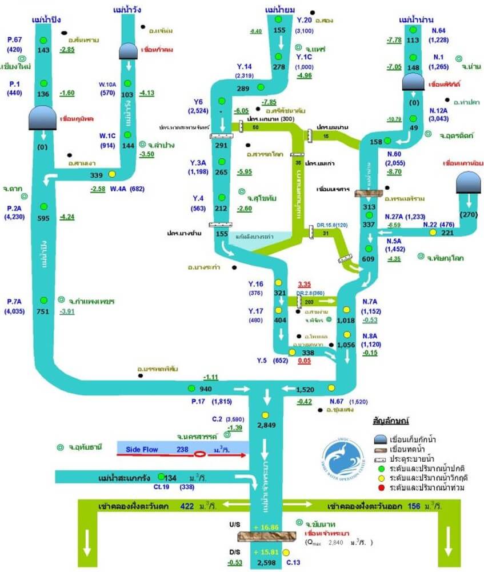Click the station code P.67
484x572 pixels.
coord(14,39)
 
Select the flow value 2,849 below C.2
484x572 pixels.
coord(266,425)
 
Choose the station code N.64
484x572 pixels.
coord(439,30)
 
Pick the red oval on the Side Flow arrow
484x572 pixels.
coord(200,455)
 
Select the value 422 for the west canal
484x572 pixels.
coord(187,506)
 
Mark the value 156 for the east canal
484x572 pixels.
coord(414,506)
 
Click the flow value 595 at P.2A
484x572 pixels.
coord(43,217)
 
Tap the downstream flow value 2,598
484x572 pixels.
coord(266,563)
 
